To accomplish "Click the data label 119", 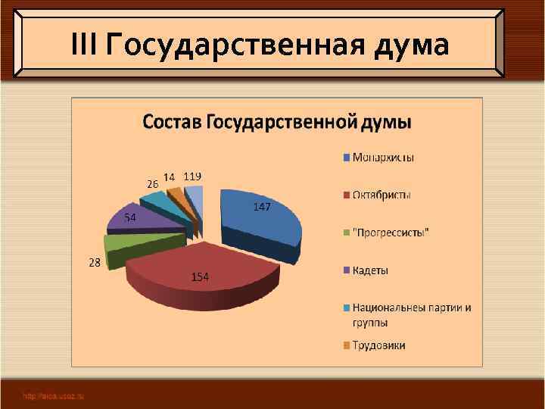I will (192, 176).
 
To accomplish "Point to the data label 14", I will (170, 176).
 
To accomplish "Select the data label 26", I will (152, 184).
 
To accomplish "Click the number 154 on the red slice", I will (199, 277).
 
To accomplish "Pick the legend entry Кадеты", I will (371, 270).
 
